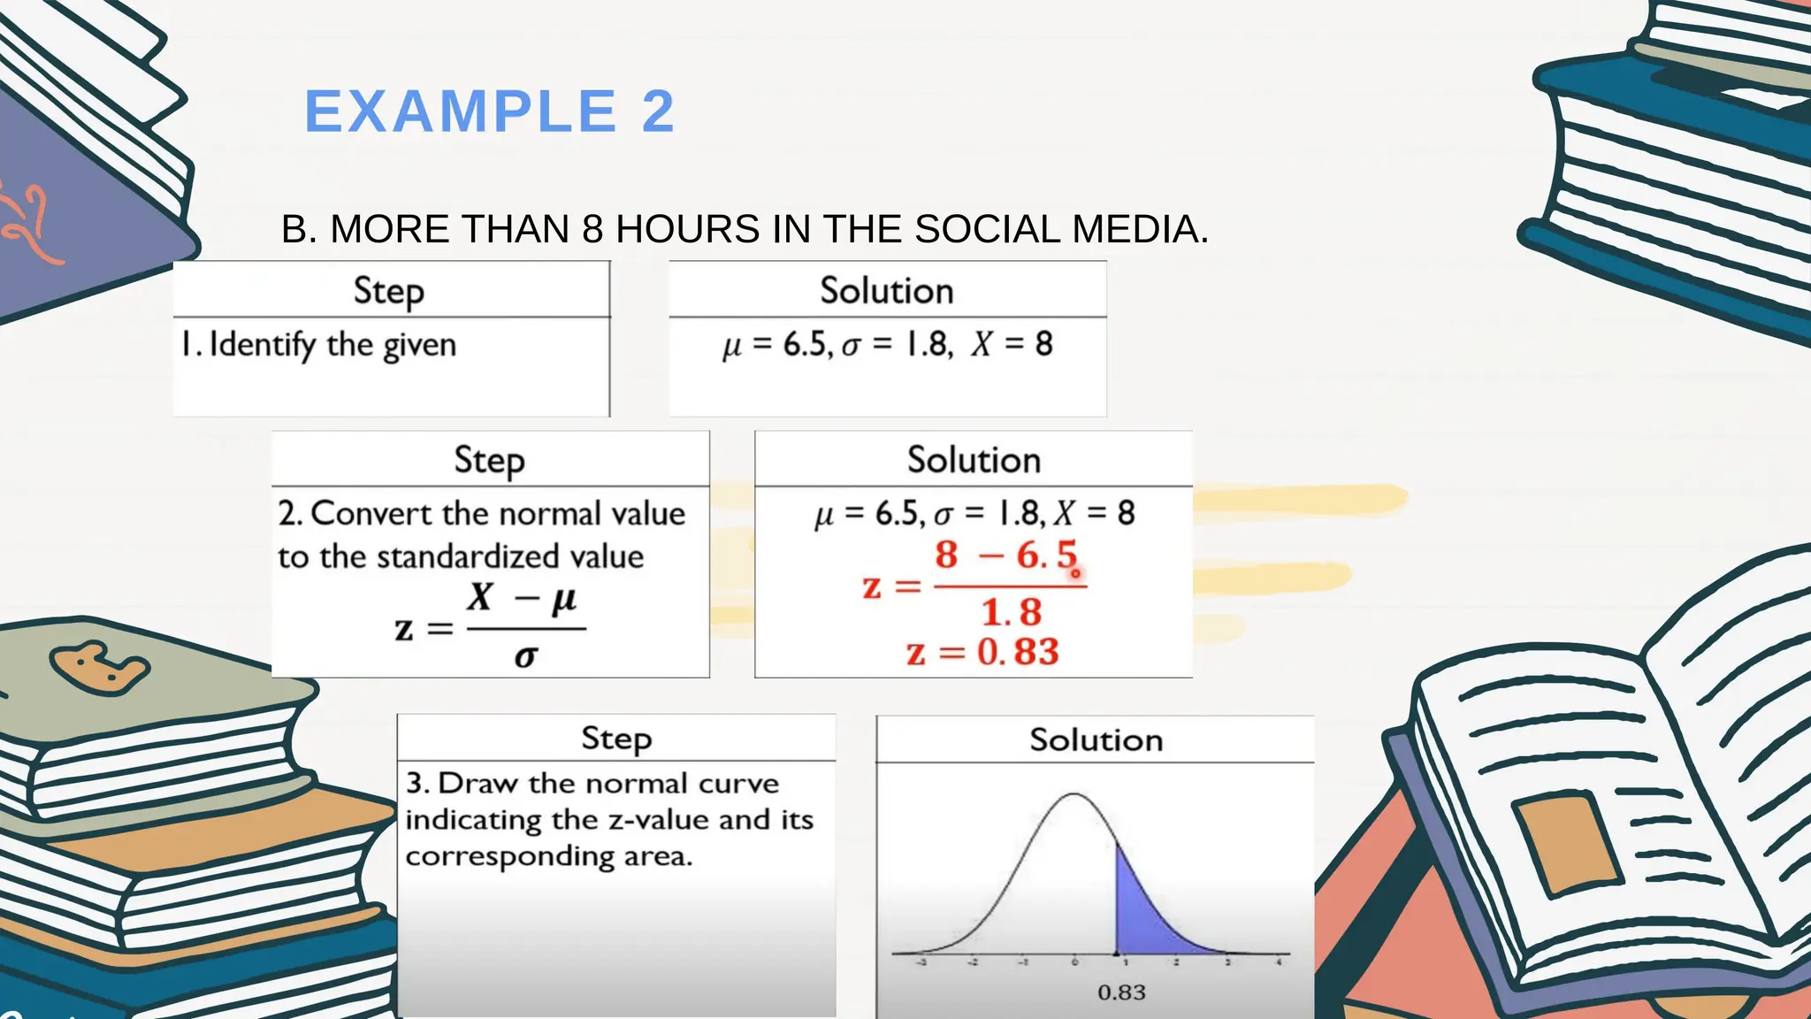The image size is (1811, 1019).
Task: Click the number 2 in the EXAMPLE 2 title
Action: [657, 112]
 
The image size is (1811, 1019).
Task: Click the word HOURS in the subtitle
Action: [687, 230]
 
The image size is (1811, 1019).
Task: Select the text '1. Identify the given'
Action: [318, 345]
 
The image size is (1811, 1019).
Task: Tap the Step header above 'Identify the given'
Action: [389, 291]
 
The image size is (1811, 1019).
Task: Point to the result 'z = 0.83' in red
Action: [982, 653]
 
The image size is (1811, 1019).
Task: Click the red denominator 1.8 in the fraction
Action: [1012, 612]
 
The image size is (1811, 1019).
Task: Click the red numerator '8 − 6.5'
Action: [1006, 555]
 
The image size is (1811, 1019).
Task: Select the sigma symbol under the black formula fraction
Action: [526, 655]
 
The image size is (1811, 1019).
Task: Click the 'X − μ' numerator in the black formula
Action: [523, 599]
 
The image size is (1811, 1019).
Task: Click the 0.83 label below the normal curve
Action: [1121, 992]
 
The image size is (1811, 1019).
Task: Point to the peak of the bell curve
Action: [1074, 795]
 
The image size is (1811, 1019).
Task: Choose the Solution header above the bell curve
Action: [1096, 740]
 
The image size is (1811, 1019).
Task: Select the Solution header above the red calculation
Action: [974, 461]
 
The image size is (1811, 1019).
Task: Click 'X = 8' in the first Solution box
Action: [1012, 344]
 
